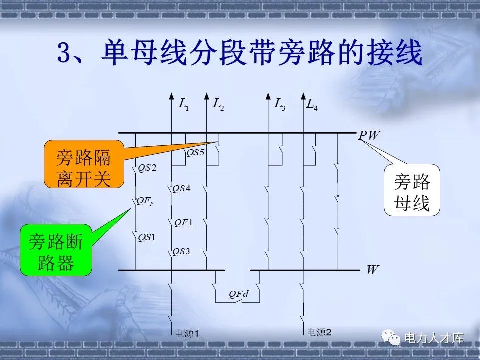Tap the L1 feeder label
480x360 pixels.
pyautogui.click(x=184, y=104)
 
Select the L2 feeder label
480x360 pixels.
pyautogui.click(x=218, y=104)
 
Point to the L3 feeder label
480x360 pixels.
pyautogui.click(x=279, y=104)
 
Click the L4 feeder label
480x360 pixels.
pyautogui.click(x=312, y=104)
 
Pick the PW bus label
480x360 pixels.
pyautogui.click(x=369, y=135)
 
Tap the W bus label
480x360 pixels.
pyautogui.click(x=372, y=270)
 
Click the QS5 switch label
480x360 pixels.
pyautogui.click(x=196, y=153)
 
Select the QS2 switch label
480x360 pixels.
pyautogui.click(x=147, y=168)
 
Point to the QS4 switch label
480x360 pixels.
pyautogui.click(x=181, y=188)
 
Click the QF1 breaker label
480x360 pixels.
pyautogui.click(x=183, y=222)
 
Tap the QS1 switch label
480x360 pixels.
pyautogui.click(x=147, y=237)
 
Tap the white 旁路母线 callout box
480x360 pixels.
pyautogui.click(x=412, y=190)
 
